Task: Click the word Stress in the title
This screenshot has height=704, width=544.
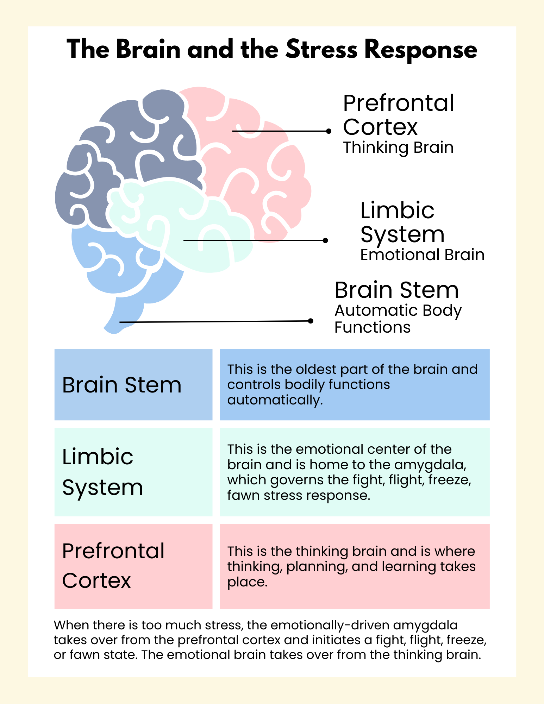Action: point(321,50)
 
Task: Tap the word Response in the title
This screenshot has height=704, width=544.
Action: point(421,50)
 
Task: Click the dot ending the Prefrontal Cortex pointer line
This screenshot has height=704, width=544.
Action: point(329,131)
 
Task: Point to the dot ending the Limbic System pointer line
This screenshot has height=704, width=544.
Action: point(325,240)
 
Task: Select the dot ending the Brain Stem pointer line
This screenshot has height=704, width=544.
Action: point(311,321)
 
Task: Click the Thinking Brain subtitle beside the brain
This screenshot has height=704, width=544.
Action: point(398,147)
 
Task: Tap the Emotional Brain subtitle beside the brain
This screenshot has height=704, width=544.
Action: point(422,255)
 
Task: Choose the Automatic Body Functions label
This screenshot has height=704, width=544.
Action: point(398,319)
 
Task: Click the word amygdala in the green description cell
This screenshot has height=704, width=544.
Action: point(430,465)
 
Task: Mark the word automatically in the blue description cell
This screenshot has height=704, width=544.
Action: point(275,400)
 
